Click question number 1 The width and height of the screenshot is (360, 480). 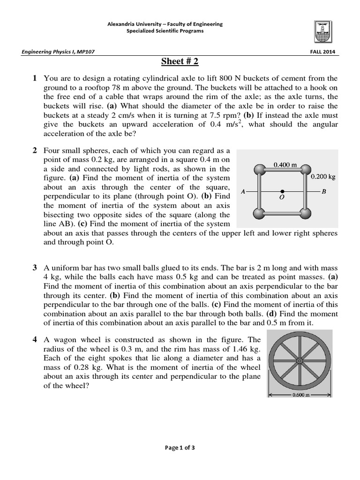tap(35, 78)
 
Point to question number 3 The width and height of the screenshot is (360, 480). tap(35, 268)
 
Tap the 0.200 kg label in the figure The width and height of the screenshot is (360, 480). tap(323, 177)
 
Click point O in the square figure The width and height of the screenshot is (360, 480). tap(282, 191)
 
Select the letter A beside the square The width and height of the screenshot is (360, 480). tap(243, 191)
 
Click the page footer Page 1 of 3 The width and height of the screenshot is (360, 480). tap(180, 448)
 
